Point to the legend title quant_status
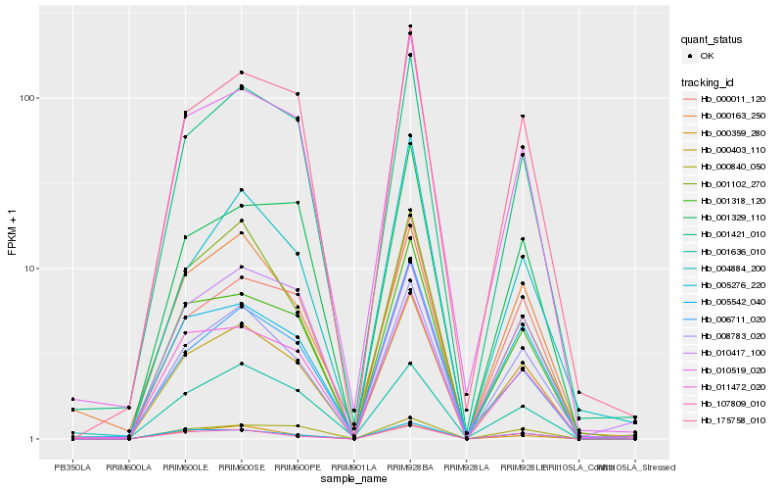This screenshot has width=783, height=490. coord(713,40)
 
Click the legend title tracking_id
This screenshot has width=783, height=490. coord(709,81)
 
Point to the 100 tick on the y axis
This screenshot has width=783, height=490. coord(25,98)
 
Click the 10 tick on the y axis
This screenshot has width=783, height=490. coord(28,269)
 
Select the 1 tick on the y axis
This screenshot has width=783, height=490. coord(31,439)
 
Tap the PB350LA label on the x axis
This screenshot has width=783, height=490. coord(72,467)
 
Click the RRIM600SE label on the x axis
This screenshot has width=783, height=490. coord(241,467)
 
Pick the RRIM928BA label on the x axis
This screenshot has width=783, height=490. coord(410,467)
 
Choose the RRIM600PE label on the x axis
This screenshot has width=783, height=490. coord(298,467)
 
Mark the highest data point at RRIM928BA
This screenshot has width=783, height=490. coord(410,26)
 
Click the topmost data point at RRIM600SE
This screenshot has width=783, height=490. coord(241,73)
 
